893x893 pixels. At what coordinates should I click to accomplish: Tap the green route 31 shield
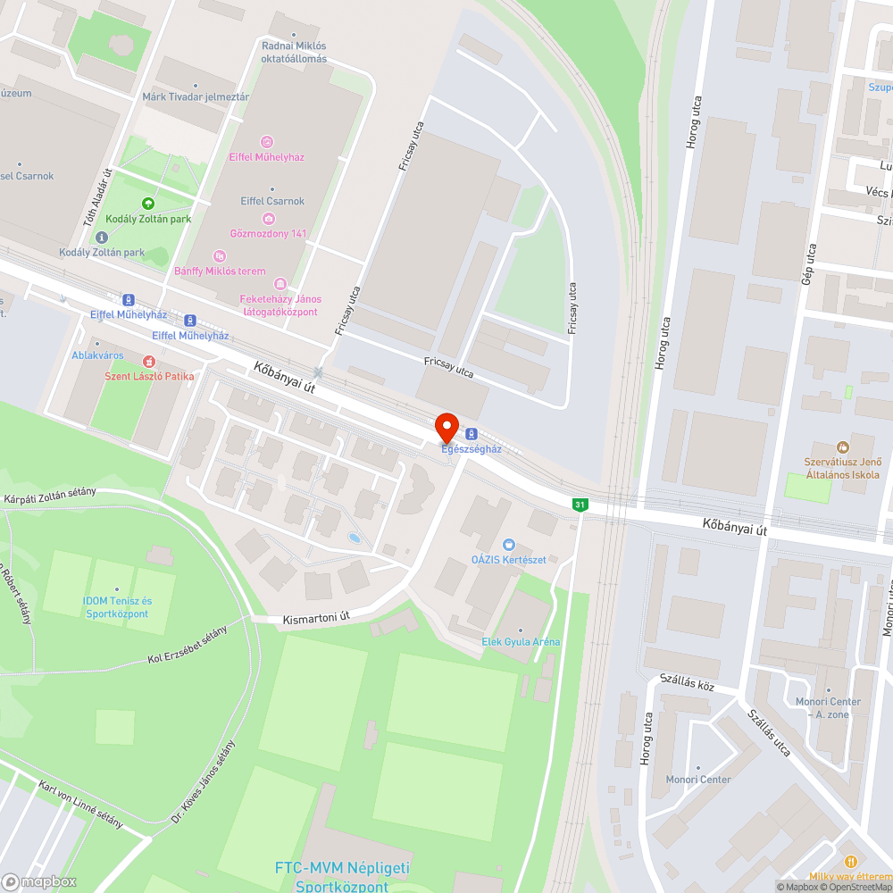coord(580,505)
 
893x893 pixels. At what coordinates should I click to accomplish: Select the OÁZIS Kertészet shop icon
coord(509,544)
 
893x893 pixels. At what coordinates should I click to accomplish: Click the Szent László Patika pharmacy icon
coord(149,362)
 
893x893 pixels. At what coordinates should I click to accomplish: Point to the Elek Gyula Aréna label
coord(521,642)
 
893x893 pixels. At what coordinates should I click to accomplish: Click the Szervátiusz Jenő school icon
coord(841,446)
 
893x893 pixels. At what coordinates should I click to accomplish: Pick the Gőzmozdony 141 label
coord(268,234)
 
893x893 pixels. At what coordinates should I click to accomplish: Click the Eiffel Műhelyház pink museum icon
coord(266,142)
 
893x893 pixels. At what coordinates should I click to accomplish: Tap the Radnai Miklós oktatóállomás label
coord(294,53)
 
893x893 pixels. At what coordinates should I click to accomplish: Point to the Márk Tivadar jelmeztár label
coord(196,96)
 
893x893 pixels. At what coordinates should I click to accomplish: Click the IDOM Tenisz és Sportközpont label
coord(117,607)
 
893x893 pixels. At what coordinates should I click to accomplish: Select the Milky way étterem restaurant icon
coord(849,862)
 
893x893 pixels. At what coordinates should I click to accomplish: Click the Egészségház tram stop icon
coord(472,434)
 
